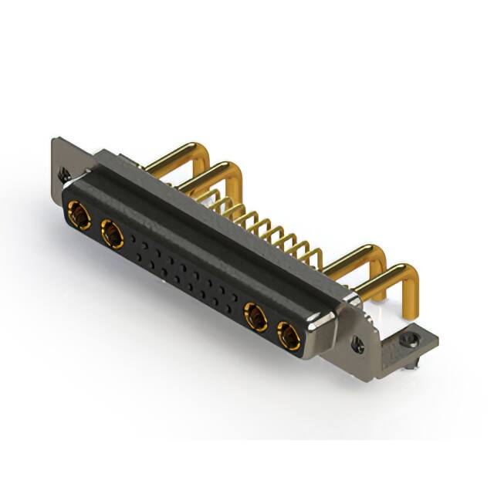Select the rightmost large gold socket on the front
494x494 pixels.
[x=289, y=336]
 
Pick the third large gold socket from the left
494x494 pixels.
[x=255, y=316]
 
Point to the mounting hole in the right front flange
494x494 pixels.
[x=357, y=340]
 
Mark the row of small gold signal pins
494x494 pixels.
[x=262, y=224]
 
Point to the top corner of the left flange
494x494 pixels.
[x=56, y=140]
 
